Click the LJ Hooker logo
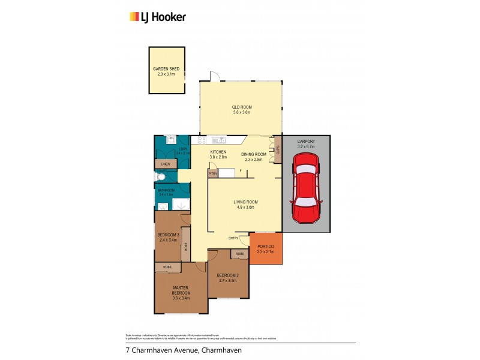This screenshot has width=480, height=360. [158, 17]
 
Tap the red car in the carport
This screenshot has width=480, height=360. [306, 187]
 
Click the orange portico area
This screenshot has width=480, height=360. [266, 248]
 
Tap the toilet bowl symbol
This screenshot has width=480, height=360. [159, 177]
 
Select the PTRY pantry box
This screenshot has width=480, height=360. [212, 173]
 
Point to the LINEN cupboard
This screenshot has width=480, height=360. [166, 163]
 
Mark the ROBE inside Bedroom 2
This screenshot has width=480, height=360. [239, 254]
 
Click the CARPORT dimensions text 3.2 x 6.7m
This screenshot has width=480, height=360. [306, 146]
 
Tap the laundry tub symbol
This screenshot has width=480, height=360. [170, 139]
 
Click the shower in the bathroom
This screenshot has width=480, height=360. [181, 205]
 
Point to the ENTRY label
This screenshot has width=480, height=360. [234, 238]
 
